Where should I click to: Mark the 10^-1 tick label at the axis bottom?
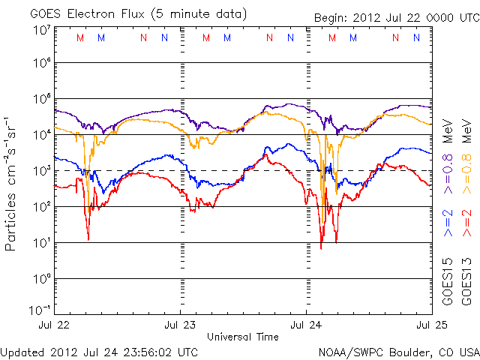pyautogui.click(x=40, y=310)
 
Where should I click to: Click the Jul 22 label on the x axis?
pyautogui.click(x=54, y=325)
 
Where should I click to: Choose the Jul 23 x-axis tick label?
pyautogui.click(x=180, y=325)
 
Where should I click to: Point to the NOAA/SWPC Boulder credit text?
pyautogui.click(x=397, y=351)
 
